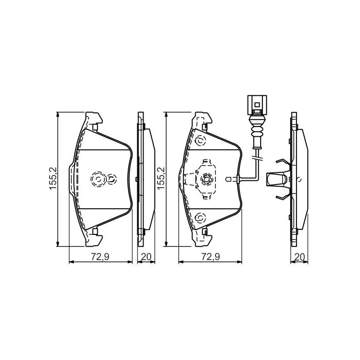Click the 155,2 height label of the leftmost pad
click(53, 179)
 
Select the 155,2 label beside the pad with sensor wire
click(161, 179)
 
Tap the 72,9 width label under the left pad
click(100, 256)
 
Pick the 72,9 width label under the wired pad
click(211, 256)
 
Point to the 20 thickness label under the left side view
click(146, 256)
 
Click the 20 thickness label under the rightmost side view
click(300, 256)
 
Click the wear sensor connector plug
click(257, 105)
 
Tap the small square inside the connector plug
click(257, 105)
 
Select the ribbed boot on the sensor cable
click(257, 132)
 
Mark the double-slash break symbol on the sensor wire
click(257, 157)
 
